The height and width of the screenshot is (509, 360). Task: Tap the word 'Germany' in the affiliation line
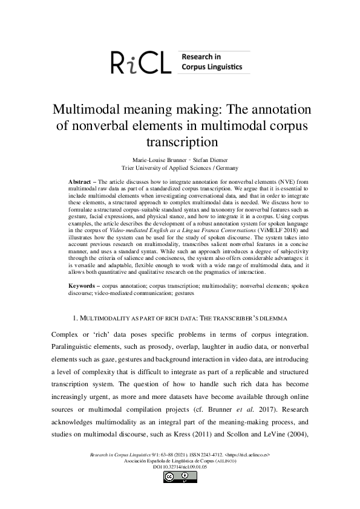coord(224,168)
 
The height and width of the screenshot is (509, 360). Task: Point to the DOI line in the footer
coord(180,467)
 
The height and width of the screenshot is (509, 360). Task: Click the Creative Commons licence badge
coord(180,477)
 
